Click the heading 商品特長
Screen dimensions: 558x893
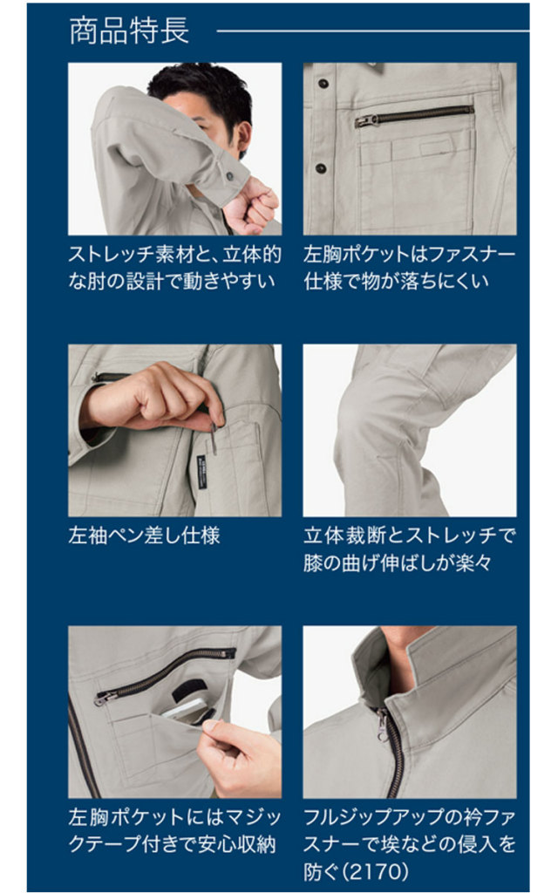129,31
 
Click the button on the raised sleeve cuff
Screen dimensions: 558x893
230,175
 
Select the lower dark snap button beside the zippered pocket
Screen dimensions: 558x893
321,168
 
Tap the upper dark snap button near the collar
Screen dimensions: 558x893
323,84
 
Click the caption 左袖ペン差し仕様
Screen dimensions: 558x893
144,535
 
